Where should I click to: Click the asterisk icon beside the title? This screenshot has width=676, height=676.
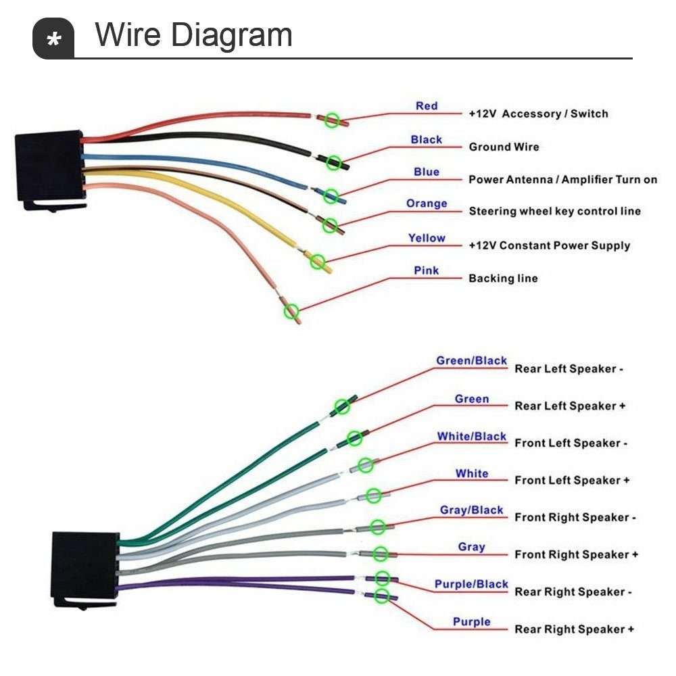tap(53, 39)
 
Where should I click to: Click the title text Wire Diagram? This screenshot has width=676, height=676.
tap(193, 35)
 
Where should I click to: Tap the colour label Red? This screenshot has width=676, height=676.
tap(427, 106)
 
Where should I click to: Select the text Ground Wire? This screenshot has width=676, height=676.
tap(504, 147)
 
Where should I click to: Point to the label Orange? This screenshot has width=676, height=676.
tap(427, 203)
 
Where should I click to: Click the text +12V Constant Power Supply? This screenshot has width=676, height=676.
tap(549, 245)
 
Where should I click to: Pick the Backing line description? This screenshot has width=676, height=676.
tap(503, 278)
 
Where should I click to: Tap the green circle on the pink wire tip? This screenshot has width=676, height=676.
tap(291, 311)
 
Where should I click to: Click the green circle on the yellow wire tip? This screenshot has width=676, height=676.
tap(317, 260)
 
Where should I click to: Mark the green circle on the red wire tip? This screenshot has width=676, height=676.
tap(331, 120)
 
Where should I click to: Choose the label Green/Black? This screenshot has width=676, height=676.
tap(471, 361)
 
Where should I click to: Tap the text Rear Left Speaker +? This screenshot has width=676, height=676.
tap(570, 406)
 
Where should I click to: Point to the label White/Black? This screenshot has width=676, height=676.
tap(471, 437)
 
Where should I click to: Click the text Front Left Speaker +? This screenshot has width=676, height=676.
tap(572, 480)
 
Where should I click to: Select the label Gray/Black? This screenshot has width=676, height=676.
tap(471, 510)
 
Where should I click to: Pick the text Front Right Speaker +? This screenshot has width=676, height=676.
tap(576, 554)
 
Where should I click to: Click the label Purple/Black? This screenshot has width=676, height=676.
tap(471, 584)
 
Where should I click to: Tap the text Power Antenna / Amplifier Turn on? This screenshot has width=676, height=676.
tap(562, 180)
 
